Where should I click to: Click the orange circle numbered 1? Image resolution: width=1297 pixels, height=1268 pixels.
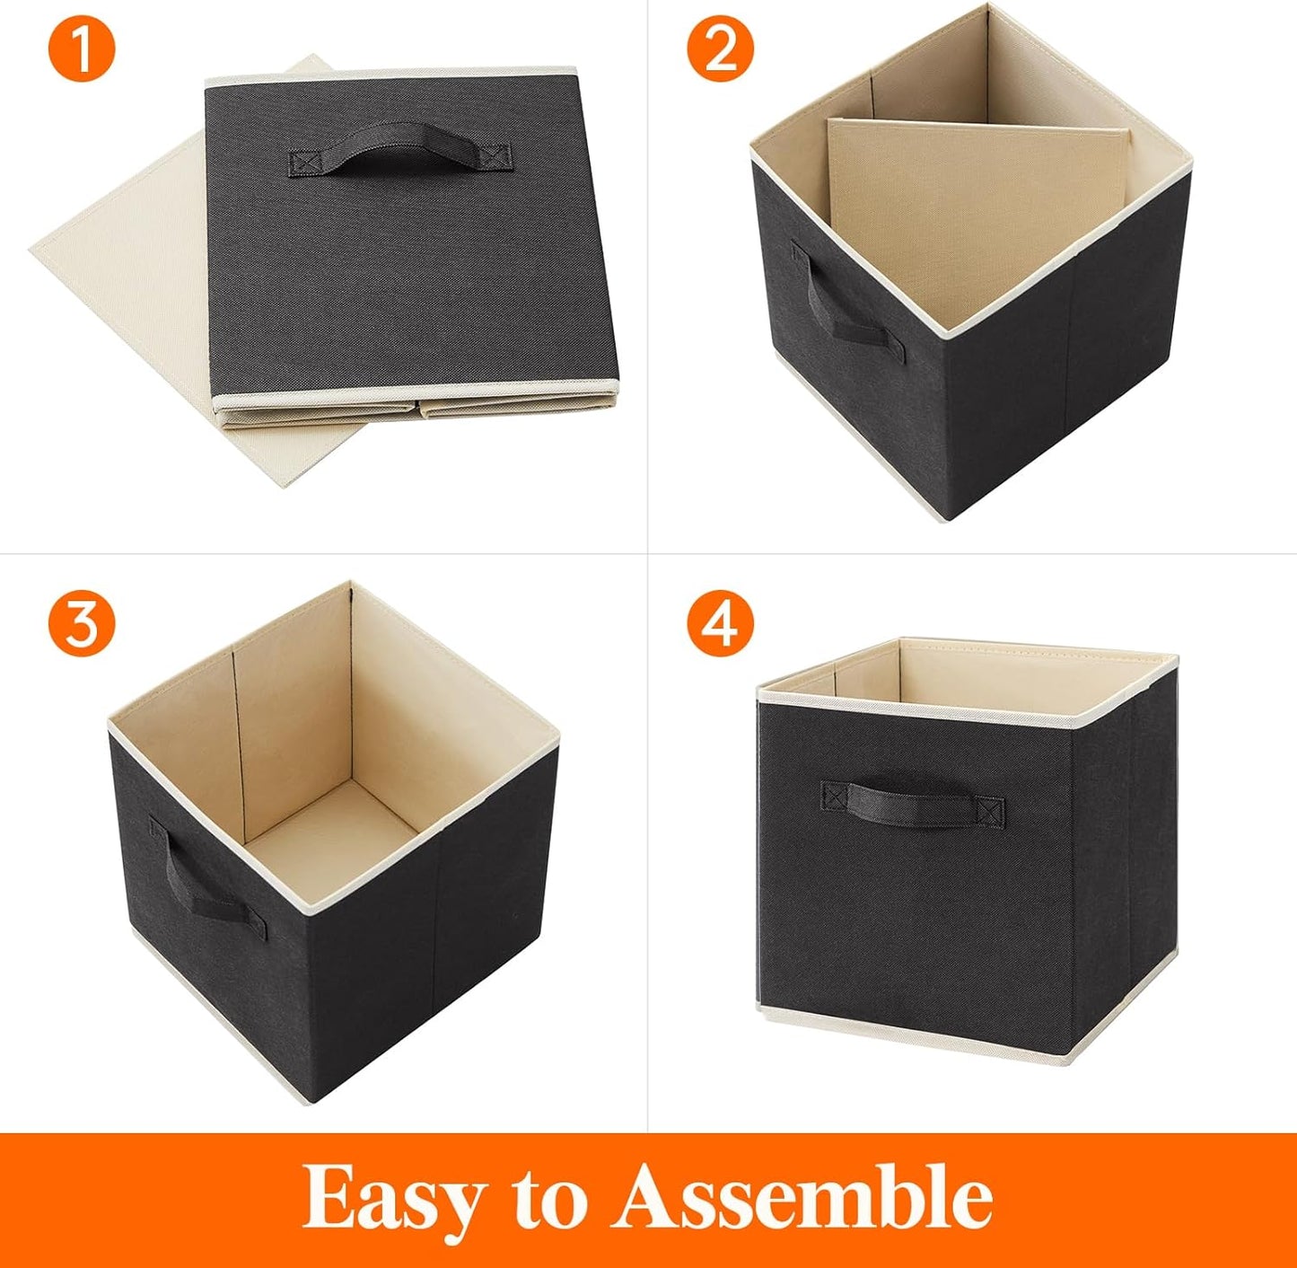click(82, 49)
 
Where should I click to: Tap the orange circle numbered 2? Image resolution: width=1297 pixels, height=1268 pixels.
click(720, 49)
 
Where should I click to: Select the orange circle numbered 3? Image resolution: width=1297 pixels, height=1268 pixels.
click(82, 623)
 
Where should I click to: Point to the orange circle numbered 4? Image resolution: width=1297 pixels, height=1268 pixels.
click(720, 623)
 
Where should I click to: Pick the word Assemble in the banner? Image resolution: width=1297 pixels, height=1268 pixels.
click(802, 1197)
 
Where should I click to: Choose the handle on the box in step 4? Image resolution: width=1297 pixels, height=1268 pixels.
click(912, 801)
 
